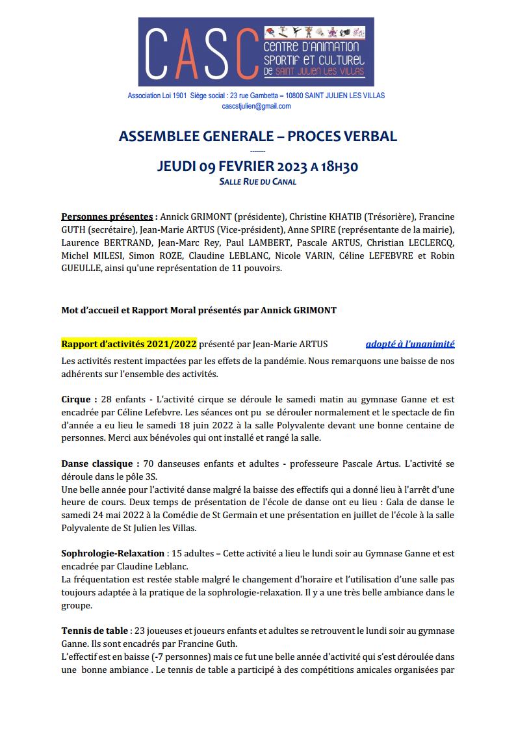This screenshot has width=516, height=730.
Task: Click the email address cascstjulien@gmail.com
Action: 256,105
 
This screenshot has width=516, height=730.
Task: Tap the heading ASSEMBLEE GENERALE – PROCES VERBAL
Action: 258,136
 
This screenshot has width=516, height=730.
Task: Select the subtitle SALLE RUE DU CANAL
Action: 258,181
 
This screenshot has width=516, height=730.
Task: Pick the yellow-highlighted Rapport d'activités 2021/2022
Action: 129,344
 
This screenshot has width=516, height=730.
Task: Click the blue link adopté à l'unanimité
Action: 410,344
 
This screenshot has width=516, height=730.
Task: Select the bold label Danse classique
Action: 100,463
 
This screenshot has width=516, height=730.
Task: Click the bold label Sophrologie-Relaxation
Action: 112,553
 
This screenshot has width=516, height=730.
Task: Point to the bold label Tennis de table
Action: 94,631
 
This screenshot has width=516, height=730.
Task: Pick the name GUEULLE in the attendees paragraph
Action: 81,268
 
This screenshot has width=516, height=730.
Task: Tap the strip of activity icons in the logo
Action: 315,32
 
